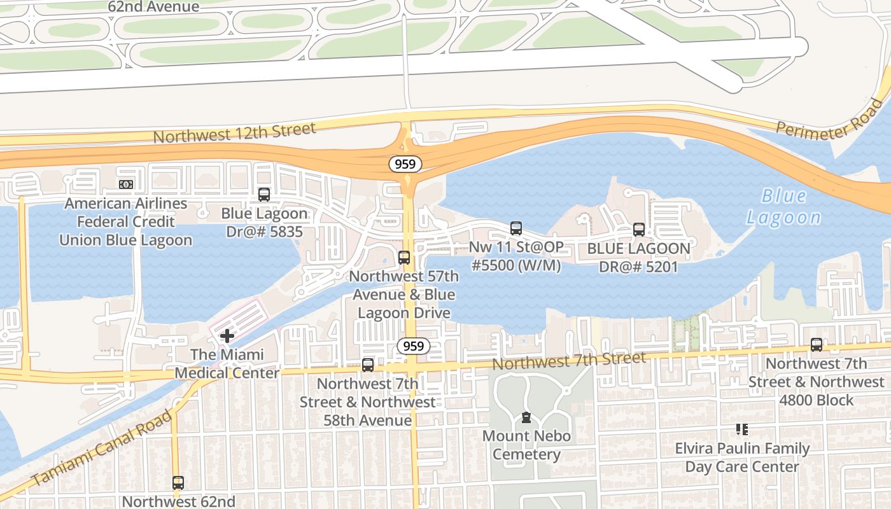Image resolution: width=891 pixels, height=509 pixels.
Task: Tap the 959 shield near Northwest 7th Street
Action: pyautogui.click(x=414, y=346)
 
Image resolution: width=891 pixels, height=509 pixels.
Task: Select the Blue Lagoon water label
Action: pyautogui.click(x=783, y=207)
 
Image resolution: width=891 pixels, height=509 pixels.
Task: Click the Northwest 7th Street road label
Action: pyautogui.click(x=569, y=361)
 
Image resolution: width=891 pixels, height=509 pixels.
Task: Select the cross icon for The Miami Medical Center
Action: pyautogui.click(x=227, y=336)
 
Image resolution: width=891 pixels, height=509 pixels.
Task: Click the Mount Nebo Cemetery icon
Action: pyautogui.click(x=526, y=417)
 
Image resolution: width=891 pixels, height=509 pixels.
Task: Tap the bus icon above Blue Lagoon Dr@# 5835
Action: pyautogui.click(x=264, y=195)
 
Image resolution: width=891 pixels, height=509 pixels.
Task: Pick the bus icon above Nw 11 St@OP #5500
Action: pyautogui.click(x=516, y=228)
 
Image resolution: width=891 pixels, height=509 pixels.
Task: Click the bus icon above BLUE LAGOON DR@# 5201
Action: pyautogui.click(x=638, y=230)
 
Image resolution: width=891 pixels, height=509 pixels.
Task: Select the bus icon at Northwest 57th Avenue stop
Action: pyautogui.click(x=403, y=258)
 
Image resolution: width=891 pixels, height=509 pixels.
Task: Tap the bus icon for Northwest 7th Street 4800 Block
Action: pyautogui.click(x=816, y=345)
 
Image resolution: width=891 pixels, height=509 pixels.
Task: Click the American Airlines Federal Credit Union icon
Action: pyautogui.click(x=126, y=185)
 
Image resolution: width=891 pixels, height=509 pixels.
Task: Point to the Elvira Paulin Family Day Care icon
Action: pyautogui.click(x=741, y=429)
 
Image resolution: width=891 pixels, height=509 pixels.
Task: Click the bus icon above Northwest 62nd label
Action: pyautogui.click(x=178, y=482)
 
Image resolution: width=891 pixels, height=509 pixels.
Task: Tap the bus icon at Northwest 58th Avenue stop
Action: pyautogui.click(x=368, y=365)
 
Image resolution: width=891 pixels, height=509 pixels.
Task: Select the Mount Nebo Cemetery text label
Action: pyautogui.click(x=526, y=445)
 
